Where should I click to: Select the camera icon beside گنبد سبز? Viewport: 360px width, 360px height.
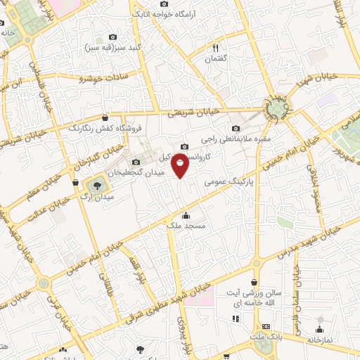coord(113,37)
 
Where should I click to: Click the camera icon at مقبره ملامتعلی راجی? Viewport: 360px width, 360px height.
coord(236,129)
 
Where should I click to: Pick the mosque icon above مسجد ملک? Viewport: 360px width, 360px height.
coord(185,215)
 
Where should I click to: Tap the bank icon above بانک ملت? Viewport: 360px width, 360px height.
coord(266,326)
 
